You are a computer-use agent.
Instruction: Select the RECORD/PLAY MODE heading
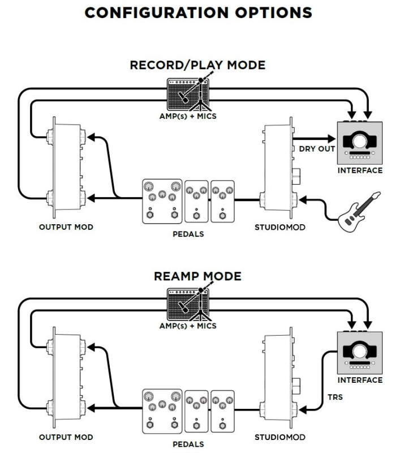point(197,65)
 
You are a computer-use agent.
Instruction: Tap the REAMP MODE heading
point(197,276)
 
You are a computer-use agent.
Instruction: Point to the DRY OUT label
point(314,149)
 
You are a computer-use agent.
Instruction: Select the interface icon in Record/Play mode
point(359,142)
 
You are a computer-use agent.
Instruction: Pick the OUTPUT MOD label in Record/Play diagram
point(66,227)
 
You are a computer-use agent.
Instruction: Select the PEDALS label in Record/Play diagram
point(188,234)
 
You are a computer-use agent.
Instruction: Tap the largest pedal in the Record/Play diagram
point(162,202)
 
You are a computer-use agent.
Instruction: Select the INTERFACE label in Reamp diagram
point(360,380)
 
